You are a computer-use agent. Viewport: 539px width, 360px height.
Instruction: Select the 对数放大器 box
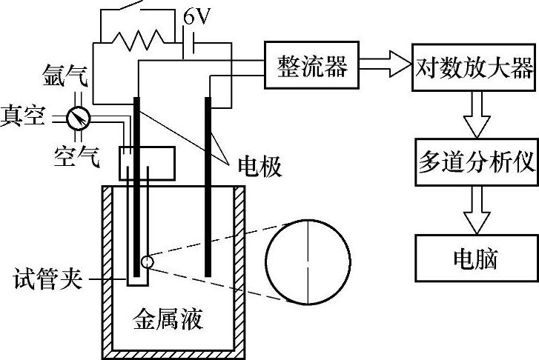tap(473, 69)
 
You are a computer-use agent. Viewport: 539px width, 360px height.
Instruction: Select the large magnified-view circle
tap(304, 261)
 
